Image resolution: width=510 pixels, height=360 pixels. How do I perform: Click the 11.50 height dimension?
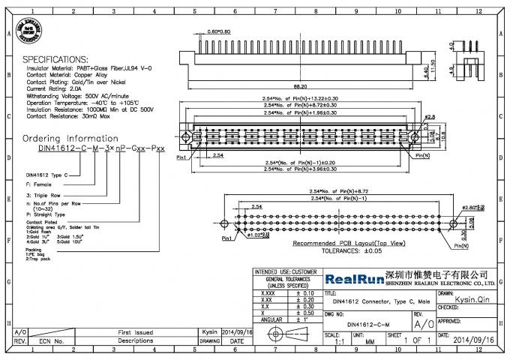pos(430,64)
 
